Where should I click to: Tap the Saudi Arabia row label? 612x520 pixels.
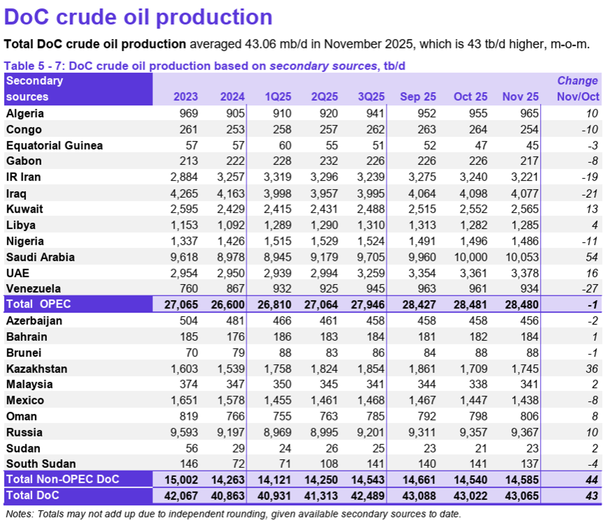(x=40, y=257)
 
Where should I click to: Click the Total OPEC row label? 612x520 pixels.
(x=39, y=304)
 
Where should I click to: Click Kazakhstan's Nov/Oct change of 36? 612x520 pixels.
(x=591, y=369)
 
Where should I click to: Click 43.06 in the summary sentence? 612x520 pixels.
(x=261, y=44)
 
